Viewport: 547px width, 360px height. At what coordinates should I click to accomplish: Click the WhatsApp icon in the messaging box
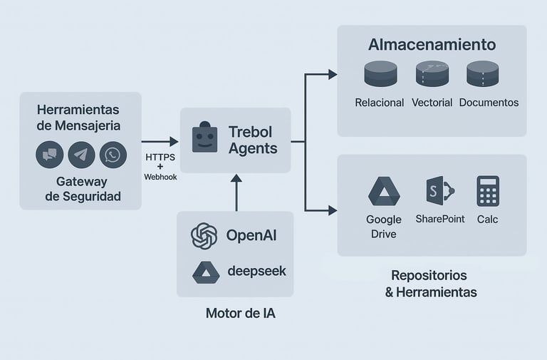tap(113, 155)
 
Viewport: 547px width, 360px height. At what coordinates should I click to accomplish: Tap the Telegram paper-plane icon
tap(81, 155)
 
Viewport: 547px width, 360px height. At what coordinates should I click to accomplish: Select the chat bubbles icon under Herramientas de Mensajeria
tap(50, 155)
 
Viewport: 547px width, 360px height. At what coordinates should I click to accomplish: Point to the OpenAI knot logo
tap(204, 236)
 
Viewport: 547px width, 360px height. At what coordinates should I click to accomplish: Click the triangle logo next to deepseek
tap(205, 272)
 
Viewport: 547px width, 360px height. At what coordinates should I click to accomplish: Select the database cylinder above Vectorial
tap(432, 74)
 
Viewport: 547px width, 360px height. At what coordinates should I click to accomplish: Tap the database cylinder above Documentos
tap(483, 74)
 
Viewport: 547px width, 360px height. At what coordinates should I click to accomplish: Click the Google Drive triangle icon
tap(384, 191)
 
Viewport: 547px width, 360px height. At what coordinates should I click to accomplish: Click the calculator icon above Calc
tap(488, 191)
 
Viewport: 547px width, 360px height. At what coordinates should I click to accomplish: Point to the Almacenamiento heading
tap(432, 44)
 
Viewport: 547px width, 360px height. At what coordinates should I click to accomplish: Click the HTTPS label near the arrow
tap(160, 156)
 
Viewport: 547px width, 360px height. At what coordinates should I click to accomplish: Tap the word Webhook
tap(160, 176)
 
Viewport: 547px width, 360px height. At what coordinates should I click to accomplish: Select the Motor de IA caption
tap(235, 313)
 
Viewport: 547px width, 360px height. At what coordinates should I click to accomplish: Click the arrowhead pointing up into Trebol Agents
tap(236, 178)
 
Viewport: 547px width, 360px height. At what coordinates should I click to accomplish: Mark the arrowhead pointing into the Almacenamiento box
tap(332, 74)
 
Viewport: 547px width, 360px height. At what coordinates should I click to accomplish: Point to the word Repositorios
tap(429, 275)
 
